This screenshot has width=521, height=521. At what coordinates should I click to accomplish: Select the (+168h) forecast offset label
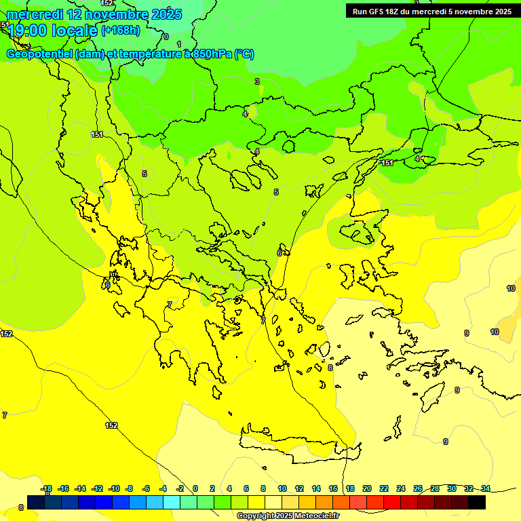(x=121, y=31)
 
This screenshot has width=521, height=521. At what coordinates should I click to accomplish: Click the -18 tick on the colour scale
(x=46, y=488)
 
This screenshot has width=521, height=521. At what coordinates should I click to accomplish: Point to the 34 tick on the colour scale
(x=486, y=488)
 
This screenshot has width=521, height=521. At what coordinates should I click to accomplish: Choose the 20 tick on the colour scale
(x=367, y=488)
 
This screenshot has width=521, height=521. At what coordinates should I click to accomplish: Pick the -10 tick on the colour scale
(x=114, y=488)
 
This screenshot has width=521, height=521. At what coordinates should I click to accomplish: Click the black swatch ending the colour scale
(x=477, y=502)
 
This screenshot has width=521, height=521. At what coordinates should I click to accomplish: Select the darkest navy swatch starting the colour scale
(x=36, y=502)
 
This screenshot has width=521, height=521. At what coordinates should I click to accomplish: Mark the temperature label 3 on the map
(x=257, y=81)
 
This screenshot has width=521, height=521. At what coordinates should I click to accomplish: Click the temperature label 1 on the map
(x=179, y=44)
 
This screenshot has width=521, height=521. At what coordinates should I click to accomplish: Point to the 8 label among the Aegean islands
(x=330, y=368)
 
